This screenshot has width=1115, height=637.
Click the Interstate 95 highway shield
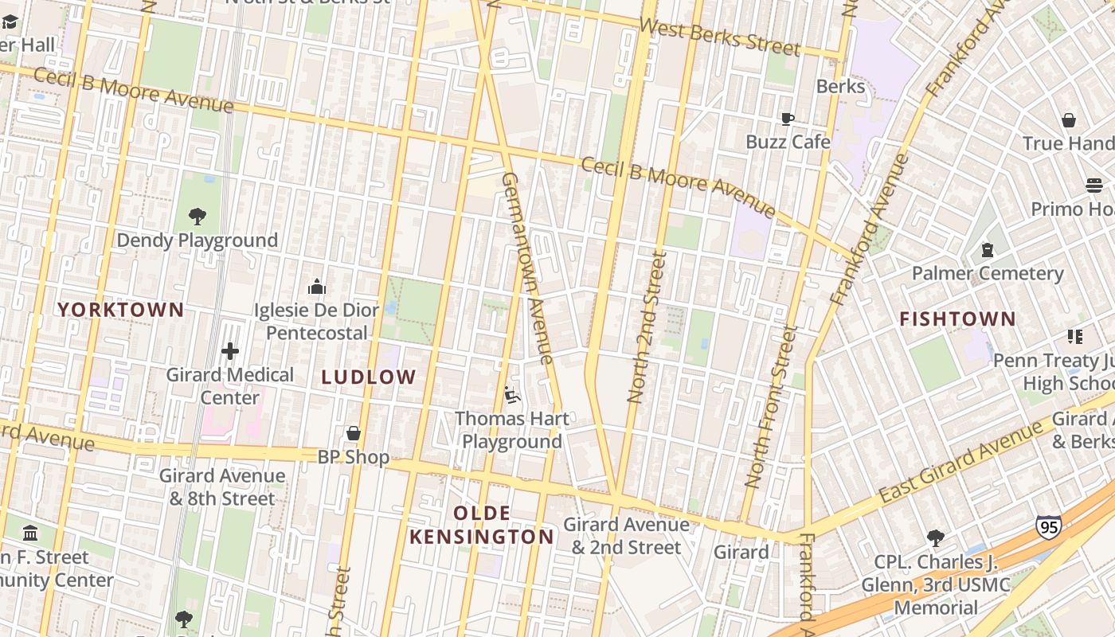click(x=1048, y=527)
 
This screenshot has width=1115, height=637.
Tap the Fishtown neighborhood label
click(x=957, y=319)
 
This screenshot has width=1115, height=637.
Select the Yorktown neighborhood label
click(x=121, y=310)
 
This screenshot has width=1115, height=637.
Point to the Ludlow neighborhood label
click(x=369, y=377)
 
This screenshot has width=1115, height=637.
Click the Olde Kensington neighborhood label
click(x=481, y=525)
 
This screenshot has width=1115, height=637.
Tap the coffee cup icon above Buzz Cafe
click(x=788, y=119)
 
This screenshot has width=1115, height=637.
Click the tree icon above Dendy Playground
click(x=197, y=216)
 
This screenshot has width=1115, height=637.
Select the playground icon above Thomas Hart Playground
click(x=512, y=394)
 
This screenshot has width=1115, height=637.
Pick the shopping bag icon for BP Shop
click(x=354, y=433)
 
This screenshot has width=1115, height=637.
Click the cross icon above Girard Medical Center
click(x=230, y=350)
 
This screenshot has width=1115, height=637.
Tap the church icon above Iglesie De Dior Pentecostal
click(x=317, y=286)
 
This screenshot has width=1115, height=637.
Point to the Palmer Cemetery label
click(x=987, y=273)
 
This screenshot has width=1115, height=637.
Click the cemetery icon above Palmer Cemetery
click(x=988, y=250)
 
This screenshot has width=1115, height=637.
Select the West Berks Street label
click(x=719, y=37)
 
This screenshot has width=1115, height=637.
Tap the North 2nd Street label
click(x=646, y=326)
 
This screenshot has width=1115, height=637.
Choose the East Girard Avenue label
click(x=961, y=462)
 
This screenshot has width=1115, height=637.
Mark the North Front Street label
click(x=770, y=405)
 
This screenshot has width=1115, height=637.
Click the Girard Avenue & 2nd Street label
click(x=626, y=536)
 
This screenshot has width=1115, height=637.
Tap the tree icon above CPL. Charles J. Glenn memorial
click(x=936, y=538)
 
